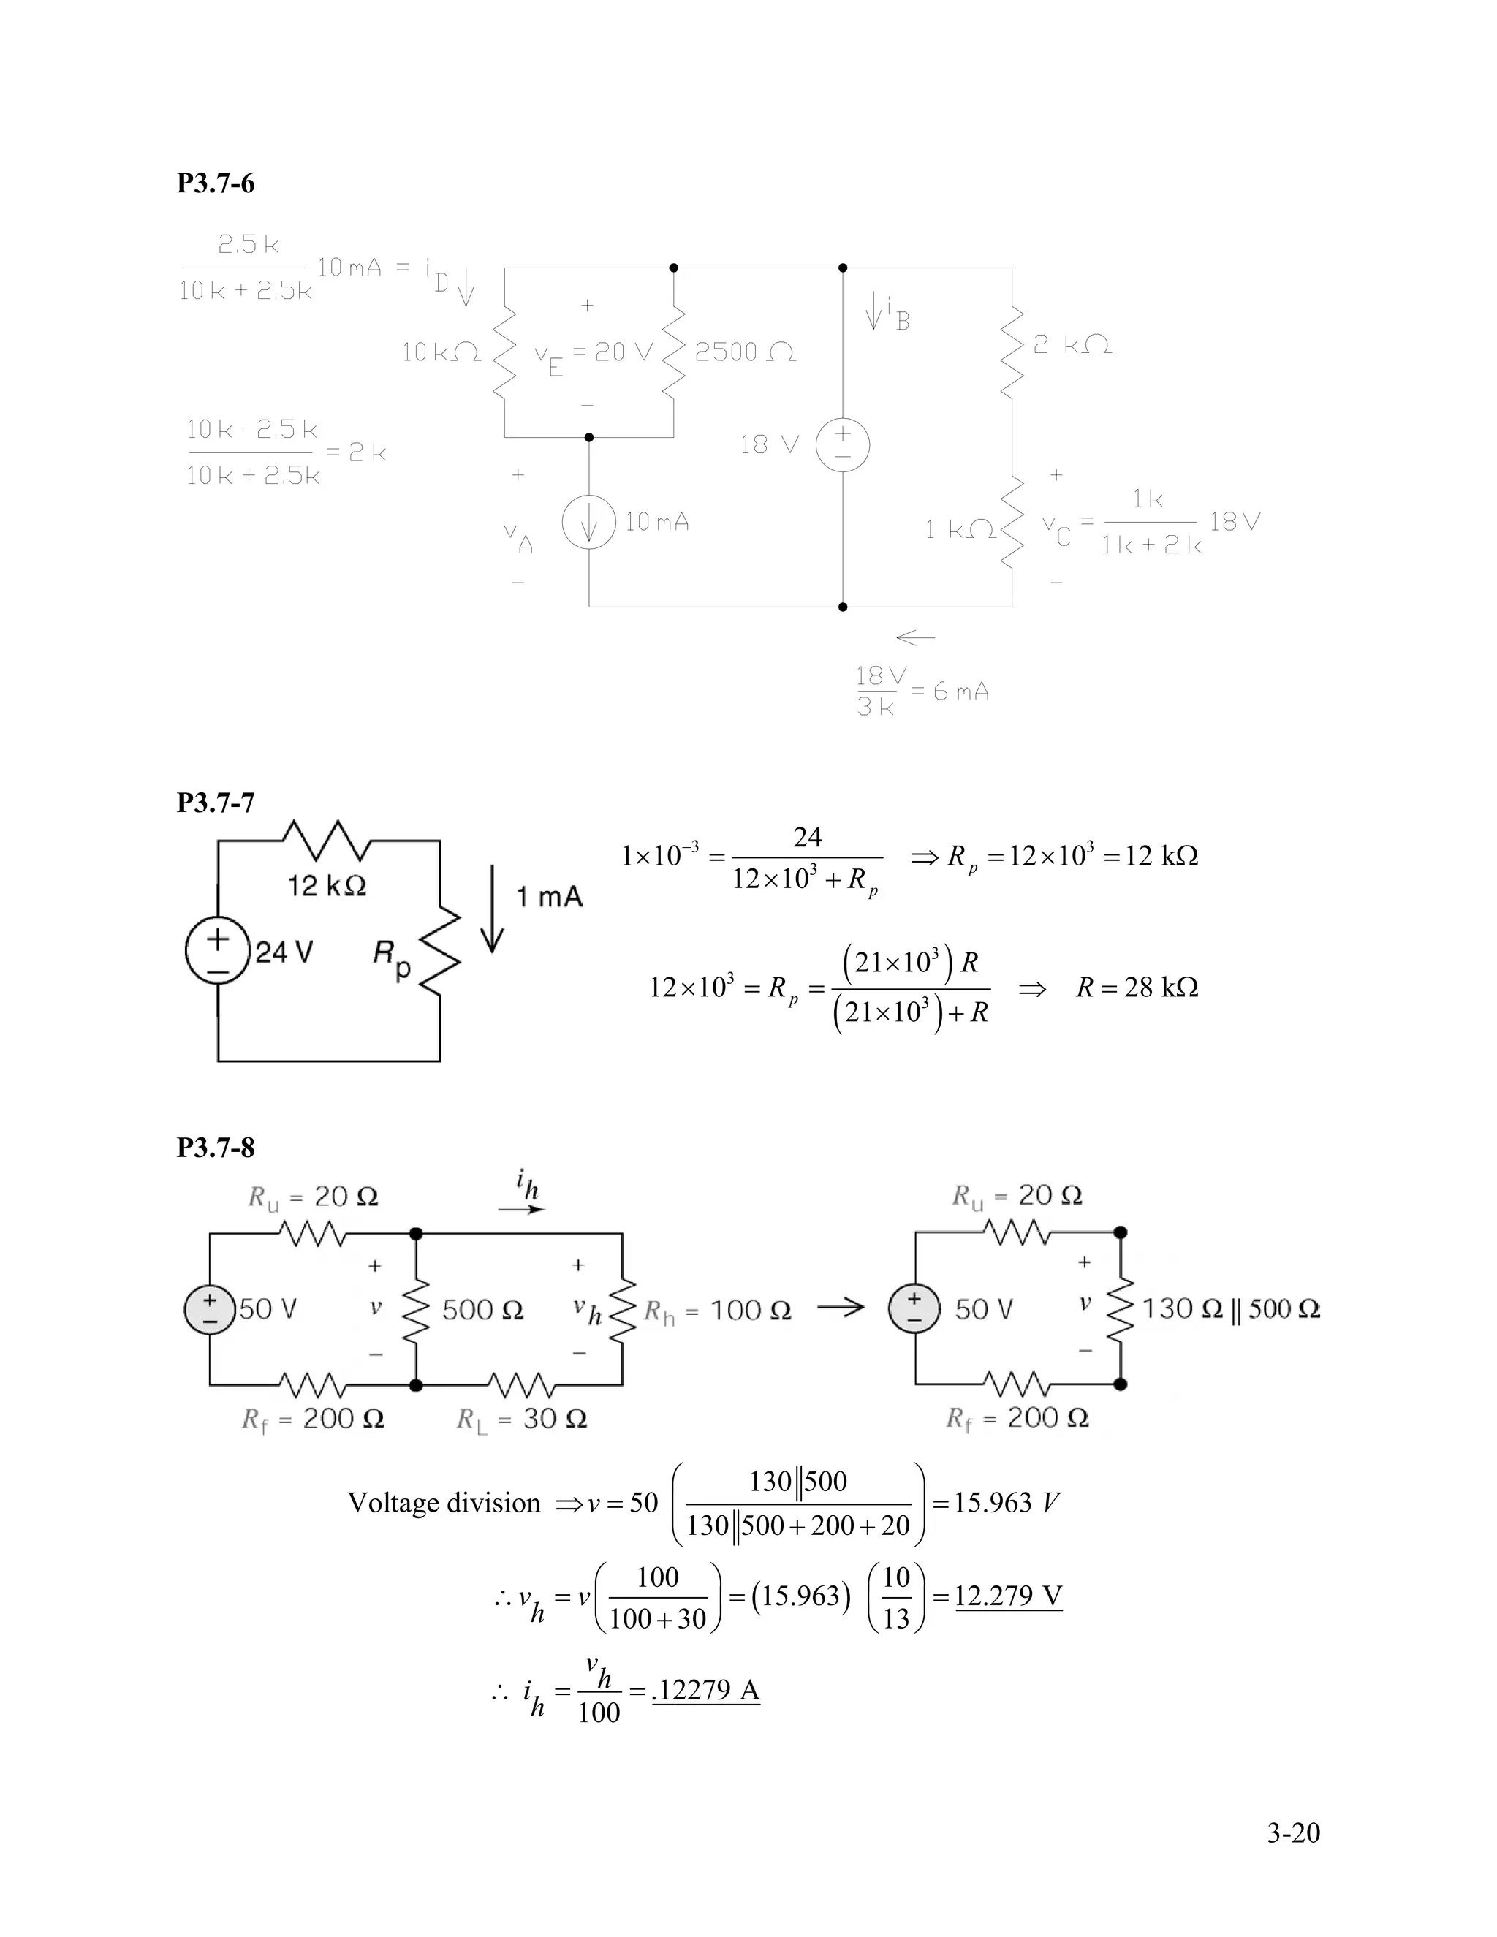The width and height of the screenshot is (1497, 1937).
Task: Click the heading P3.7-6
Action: pyautogui.click(x=216, y=183)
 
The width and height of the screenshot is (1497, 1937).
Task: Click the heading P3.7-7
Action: pyautogui.click(x=216, y=803)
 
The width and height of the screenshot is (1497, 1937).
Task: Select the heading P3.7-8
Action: pyautogui.click(x=216, y=1148)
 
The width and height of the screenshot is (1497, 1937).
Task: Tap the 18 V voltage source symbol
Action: pyautogui.click(x=843, y=444)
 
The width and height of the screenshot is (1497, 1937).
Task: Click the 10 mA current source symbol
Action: pyautogui.click(x=589, y=523)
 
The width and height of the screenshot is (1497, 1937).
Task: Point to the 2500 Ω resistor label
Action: pyautogui.click(x=745, y=353)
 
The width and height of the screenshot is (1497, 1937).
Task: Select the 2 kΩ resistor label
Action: pyautogui.click(x=1072, y=345)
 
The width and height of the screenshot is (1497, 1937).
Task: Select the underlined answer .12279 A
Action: pyautogui.click(x=706, y=1691)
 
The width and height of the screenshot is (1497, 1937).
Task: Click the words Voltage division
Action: pyautogui.click(x=444, y=1502)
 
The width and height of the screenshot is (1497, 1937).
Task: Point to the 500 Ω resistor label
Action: pyautogui.click(x=482, y=1310)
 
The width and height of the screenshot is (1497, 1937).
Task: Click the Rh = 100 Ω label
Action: pyautogui.click(x=716, y=1311)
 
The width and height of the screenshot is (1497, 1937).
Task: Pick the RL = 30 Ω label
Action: pyautogui.click(x=521, y=1419)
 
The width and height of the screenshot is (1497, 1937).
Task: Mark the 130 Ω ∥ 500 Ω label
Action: pyautogui.click(x=1231, y=1308)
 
